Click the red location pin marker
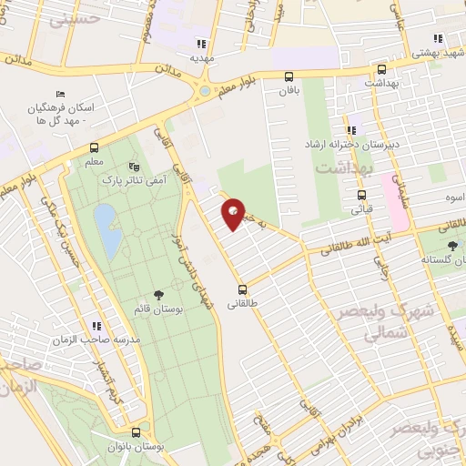point(234,213)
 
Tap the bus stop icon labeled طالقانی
point(240,280)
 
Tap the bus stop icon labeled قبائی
point(362,194)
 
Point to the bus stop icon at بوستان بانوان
point(137,432)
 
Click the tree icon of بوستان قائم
point(159,294)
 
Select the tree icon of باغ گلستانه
point(452,245)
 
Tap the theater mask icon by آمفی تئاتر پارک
point(135,167)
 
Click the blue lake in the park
point(106,230)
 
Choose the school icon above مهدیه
point(201,43)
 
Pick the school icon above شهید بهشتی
point(438,38)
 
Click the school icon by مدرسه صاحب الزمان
point(94,327)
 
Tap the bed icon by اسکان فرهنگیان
point(61,95)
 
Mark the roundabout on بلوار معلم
point(206,91)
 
